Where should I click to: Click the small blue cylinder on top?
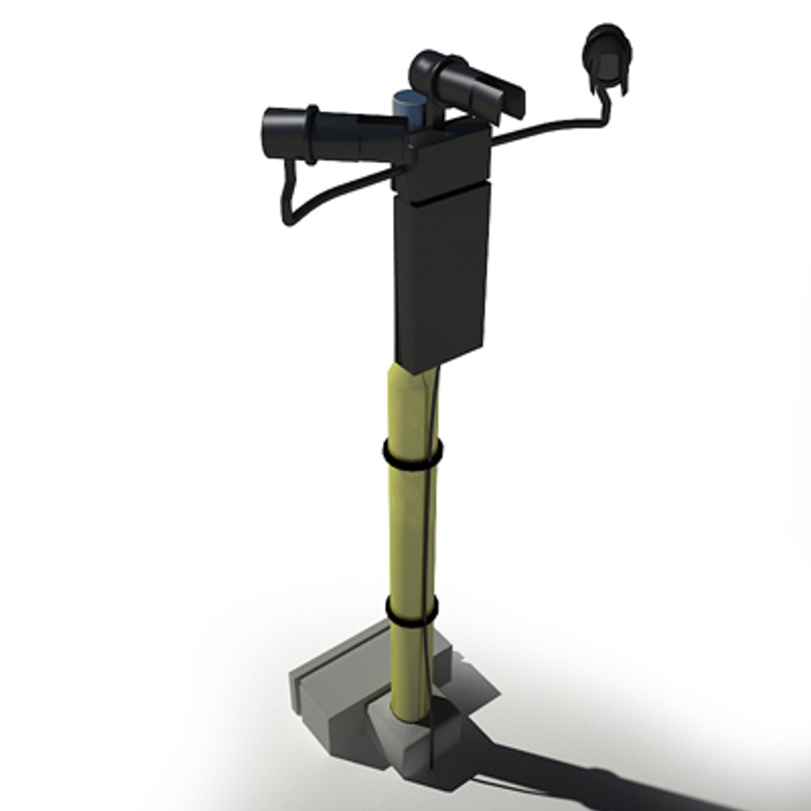click(x=409, y=104)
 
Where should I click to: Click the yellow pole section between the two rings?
click(x=409, y=533)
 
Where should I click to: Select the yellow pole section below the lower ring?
click(x=410, y=668)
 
